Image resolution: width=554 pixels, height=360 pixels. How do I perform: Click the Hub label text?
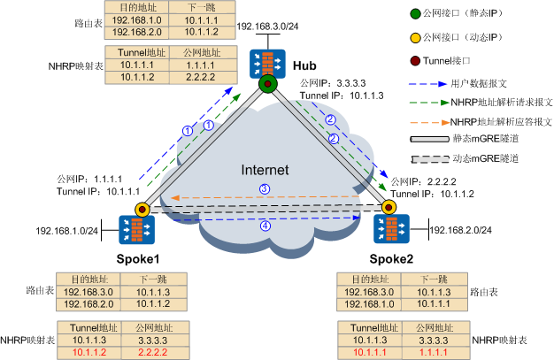[294, 66]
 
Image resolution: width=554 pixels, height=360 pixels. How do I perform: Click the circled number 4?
[264, 226]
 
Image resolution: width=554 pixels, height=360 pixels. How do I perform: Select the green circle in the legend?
[415, 15]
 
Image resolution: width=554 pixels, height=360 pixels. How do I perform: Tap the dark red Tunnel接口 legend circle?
[415, 63]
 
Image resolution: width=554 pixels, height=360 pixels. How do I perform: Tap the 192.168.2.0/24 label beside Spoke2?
[461, 231]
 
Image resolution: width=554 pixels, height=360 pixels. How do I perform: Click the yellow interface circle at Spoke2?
[387, 208]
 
